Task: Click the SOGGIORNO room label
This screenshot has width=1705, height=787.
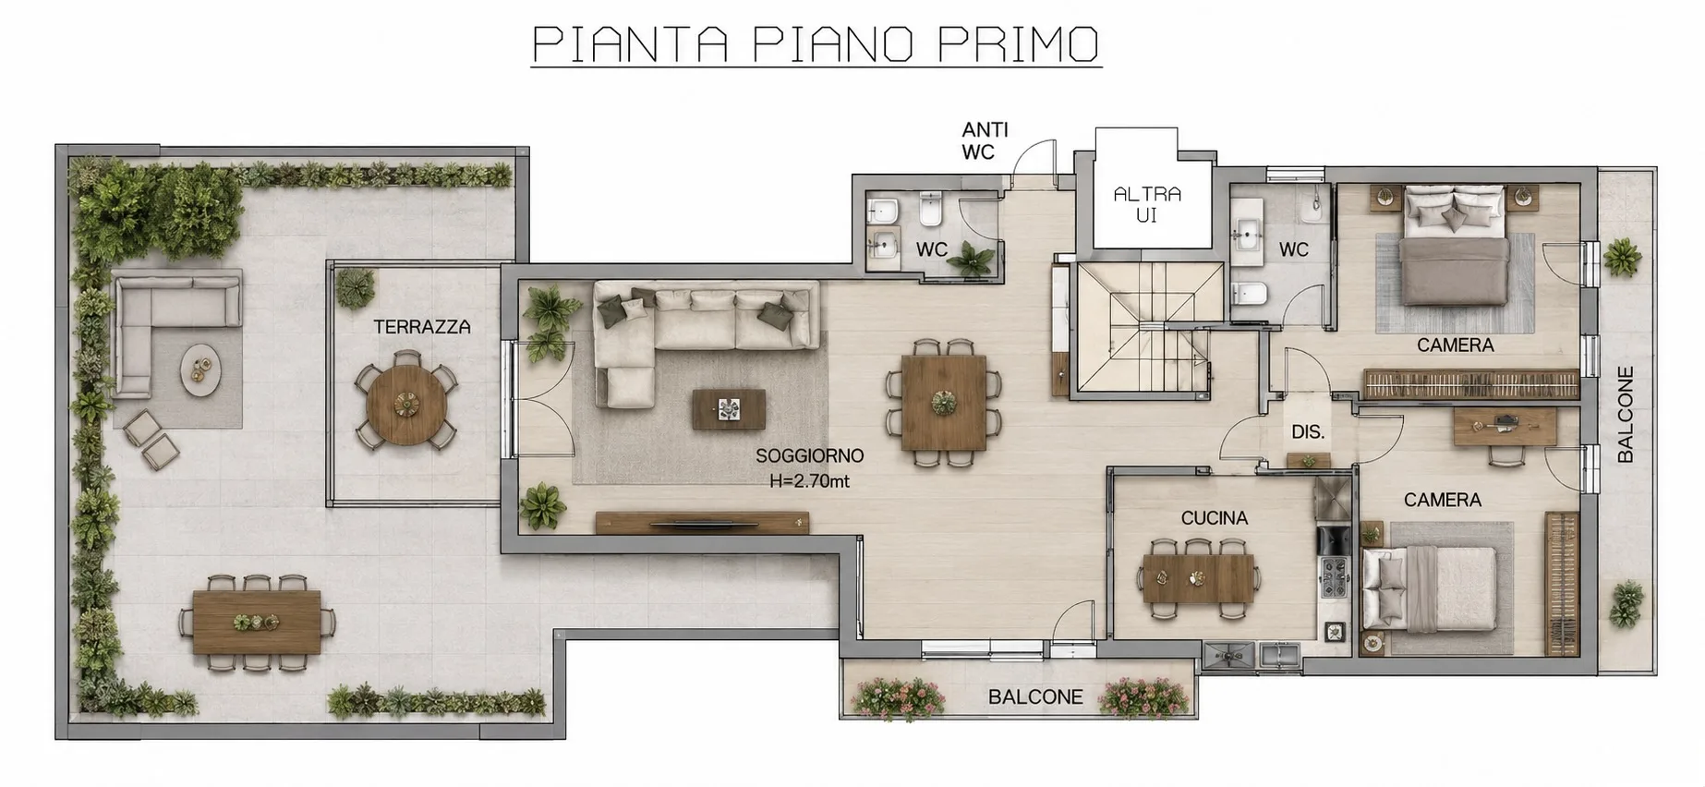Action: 809,455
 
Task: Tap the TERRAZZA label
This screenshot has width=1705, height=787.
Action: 422,327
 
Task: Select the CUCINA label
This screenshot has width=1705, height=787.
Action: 1215,518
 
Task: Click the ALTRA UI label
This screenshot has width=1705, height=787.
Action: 1147,204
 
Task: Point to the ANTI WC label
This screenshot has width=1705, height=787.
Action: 985,141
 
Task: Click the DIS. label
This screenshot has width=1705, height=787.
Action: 1308,431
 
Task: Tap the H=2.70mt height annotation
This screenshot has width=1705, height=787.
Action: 809,481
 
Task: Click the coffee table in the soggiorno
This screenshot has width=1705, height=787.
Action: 729,409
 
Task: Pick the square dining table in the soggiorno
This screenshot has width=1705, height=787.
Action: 944,403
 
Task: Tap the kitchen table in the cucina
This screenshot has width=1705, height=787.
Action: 1199,578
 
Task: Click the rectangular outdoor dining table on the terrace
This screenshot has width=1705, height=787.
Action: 257,622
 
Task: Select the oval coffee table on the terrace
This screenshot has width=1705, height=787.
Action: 200,370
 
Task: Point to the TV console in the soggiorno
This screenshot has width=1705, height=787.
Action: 702,523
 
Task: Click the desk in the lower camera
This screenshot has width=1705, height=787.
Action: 1505,428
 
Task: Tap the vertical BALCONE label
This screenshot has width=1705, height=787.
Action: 1626,415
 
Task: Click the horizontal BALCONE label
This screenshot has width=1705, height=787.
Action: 1035,697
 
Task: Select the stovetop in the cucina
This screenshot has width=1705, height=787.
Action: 1334,577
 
